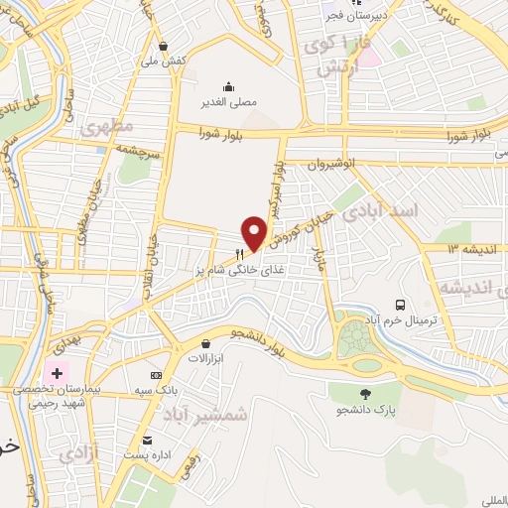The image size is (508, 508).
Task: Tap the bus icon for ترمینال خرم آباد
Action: coord(400,305)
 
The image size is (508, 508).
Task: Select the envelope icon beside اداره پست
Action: coord(148,440)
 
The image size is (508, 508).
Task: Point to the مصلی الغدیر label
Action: coord(229,101)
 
